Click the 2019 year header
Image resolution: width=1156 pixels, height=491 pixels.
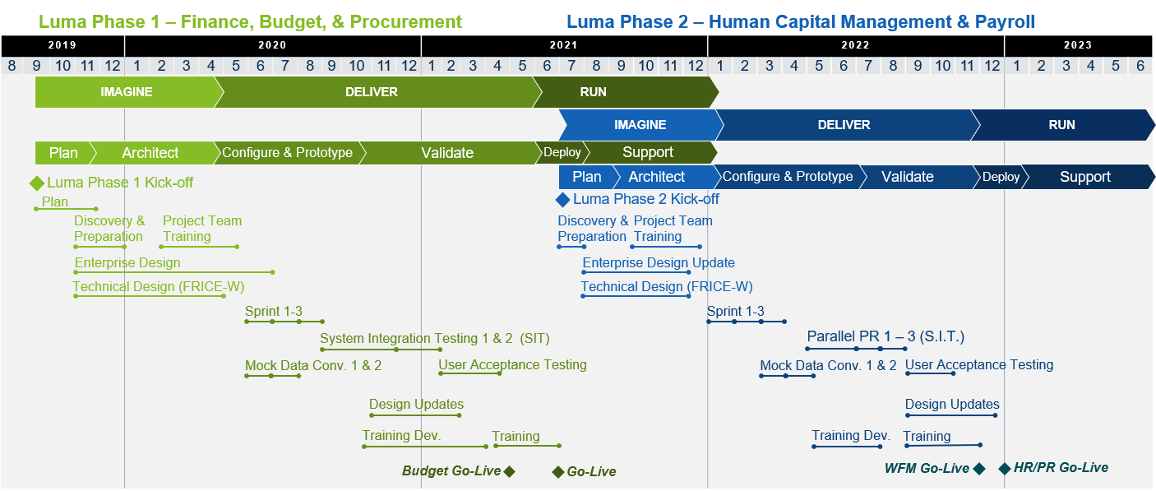click(x=62, y=46)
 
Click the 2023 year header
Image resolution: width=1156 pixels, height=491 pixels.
click(x=1078, y=46)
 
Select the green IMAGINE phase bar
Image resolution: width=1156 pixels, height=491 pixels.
click(x=127, y=92)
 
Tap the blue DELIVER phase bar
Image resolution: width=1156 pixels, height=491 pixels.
click(x=844, y=125)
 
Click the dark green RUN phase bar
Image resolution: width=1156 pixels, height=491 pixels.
click(x=593, y=92)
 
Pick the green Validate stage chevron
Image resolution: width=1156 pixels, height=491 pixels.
click(x=447, y=153)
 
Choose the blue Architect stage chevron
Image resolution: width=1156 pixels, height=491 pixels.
click(x=656, y=177)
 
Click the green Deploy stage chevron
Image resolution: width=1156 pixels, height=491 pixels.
click(x=562, y=153)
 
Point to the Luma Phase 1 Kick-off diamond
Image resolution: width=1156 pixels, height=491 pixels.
click(x=36, y=183)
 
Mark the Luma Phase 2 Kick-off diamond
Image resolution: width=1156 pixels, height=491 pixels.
click(x=562, y=199)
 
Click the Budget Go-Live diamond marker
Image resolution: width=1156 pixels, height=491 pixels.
click(x=509, y=471)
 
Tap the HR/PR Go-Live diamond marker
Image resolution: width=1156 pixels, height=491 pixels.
click(x=1004, y=469)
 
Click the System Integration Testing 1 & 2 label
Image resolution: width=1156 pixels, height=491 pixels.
click(x=434, y=338)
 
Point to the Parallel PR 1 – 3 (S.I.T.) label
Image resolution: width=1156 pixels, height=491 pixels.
click(x=885, y=336)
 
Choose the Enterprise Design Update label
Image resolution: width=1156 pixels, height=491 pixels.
click(x=659, y=263)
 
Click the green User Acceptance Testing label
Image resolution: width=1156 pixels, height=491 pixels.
click(x=512, y=364)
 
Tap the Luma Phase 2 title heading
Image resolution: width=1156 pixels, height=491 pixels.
click(x=800, y=22)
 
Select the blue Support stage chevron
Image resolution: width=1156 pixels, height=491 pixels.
click(x=1084, y=177)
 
